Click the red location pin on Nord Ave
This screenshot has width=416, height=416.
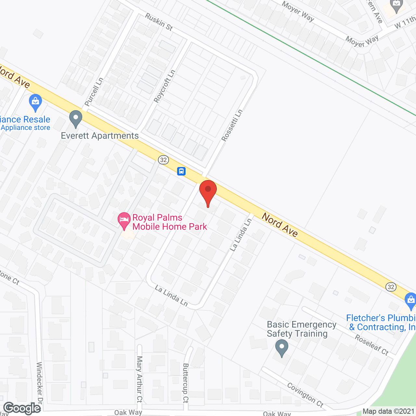coord(208,192)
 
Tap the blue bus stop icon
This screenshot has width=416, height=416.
coord(181,171)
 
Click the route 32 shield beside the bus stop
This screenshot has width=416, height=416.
coord(163,160)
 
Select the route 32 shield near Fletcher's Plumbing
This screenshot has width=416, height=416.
coord(391,287)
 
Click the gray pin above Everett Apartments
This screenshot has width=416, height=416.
coord(76,119)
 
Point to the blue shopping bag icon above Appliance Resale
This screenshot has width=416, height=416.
coord(35,102)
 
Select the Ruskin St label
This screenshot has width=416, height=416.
coord(159,22)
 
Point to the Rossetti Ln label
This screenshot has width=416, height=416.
coord(232,125)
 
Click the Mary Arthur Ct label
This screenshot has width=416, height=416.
coord(139,379)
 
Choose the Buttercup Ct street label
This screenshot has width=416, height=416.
coord(186,383)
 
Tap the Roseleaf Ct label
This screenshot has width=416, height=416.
coord(371,345)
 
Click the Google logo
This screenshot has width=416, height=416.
coord(22,408)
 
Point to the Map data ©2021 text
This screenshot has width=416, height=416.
coord(389,411)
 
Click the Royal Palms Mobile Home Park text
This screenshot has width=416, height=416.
coord(169,222)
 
